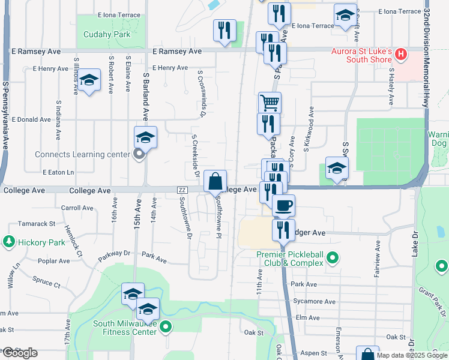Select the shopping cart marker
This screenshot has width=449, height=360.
coord(270,103)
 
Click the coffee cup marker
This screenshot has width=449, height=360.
coord(284,205)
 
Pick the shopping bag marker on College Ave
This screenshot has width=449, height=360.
coord(215,181)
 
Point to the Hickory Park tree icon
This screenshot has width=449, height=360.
coord(9,242)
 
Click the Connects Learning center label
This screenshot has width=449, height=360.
coord(82,154)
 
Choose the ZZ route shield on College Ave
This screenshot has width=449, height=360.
coord(182,190)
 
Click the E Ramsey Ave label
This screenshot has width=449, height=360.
coord(177,52)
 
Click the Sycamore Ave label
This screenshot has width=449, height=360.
coord(314,301)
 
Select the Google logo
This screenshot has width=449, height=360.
coord(20,353)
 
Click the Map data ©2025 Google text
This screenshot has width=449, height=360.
coord(411,355)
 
